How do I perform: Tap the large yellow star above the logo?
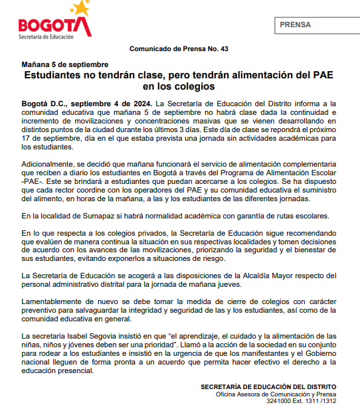(81, 7)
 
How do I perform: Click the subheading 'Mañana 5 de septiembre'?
(65, 64)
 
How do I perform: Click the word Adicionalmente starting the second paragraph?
(52, 163)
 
